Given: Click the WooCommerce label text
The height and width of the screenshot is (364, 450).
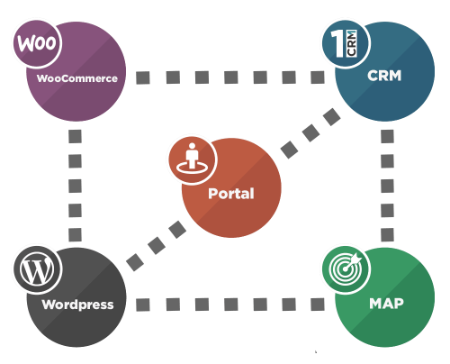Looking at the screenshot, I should (x=77, y=78).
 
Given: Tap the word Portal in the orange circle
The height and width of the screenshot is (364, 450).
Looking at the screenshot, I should (x=230, y=194).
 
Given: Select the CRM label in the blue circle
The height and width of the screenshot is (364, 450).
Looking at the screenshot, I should (x=384, y=76).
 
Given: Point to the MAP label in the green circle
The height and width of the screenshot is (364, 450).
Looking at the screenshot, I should (x=385, y=304).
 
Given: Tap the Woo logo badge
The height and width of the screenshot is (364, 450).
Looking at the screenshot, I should (x=33, y=43).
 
